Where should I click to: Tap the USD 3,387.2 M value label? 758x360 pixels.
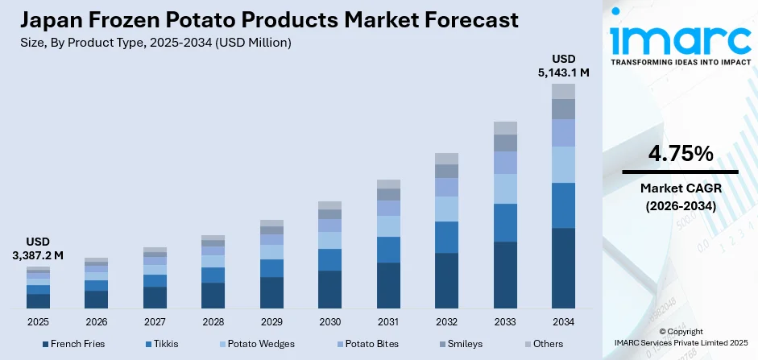pyautogui.click(x=38, y=248)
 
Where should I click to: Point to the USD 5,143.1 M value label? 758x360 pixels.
pyautogui.click(x=563, y=65)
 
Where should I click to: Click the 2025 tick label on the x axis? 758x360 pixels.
pyautogui.click(x=38, y=322)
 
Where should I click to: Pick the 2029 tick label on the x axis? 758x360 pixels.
pyautogui.click(x=271, y=322)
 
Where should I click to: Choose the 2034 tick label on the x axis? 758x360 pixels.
pyautogui.click(x=563, y=322)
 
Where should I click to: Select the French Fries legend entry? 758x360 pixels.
pyautogui.click(x=72, y=344)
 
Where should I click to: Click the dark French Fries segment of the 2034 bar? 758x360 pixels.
pyautogui.click(x=563, y=267)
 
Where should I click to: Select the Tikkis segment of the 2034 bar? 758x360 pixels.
pyautogui.click(x=563, y=205)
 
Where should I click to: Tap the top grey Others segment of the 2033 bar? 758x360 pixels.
pyautogui.click(x=505, y=127)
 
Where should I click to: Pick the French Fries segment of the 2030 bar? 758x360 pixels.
pyautogui.click(x=329, y=289)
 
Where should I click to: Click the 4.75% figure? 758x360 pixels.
pyautogui.click(x=680, y=153)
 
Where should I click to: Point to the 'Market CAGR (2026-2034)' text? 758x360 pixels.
pyautogui.click(x=680, y=197)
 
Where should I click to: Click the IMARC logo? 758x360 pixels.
pyautogui.click(x=680, y=40)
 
